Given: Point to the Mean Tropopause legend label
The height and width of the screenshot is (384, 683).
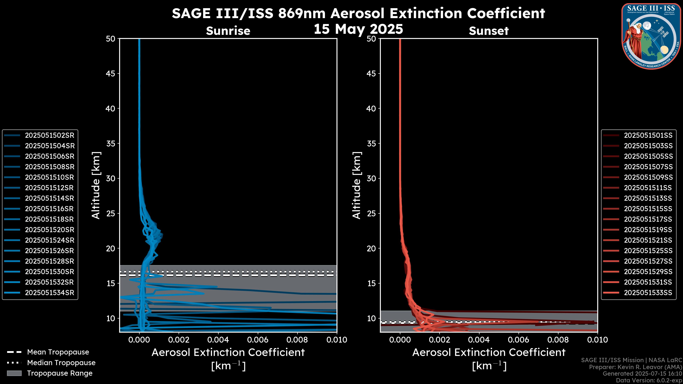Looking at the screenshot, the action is click(x=58, y=352).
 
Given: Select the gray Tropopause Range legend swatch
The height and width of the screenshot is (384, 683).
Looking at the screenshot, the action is click(x=14, y=373).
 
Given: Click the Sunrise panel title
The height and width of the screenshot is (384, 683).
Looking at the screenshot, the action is click(x=228, y=31).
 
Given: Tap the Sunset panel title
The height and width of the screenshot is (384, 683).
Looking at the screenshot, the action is click(x=489, y=31).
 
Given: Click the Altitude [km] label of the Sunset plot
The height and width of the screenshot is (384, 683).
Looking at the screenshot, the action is click(x=357, y=185).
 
